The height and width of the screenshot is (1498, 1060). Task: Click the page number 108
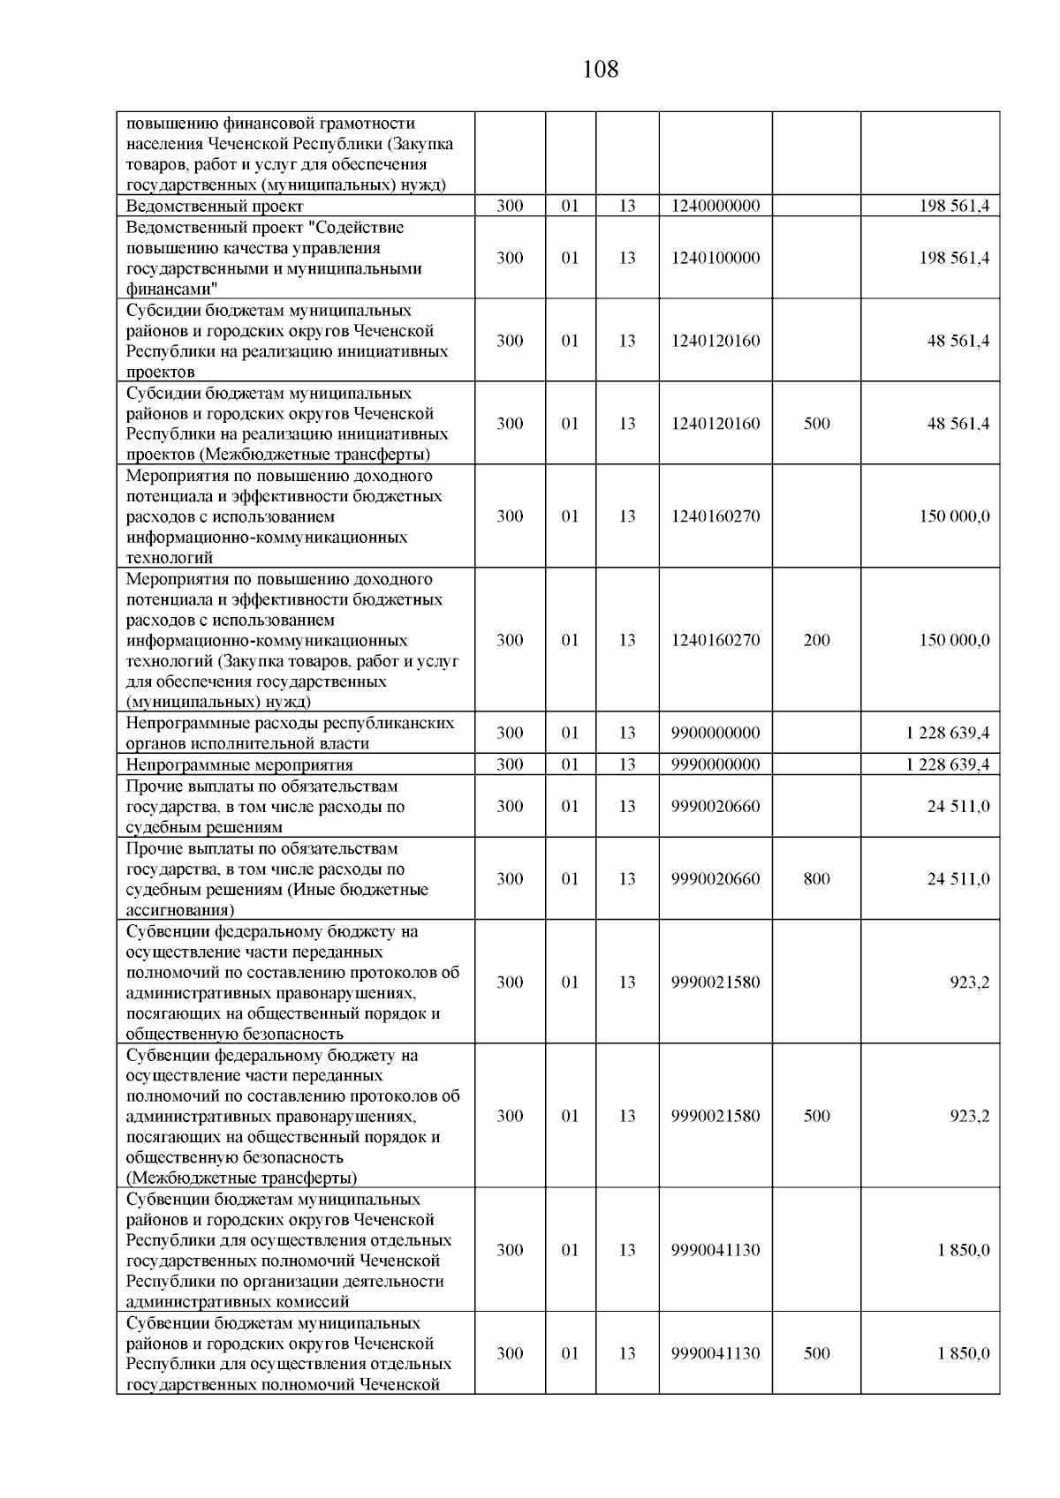[x=601, y=69]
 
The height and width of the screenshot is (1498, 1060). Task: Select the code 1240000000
[x=715, y=207]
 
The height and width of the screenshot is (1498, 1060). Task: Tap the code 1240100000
[x=715, y=259]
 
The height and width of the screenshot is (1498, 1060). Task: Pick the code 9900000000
[x=715, y=733]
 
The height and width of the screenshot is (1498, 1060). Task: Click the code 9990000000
[x=715, y=764]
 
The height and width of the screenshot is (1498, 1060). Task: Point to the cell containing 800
[x=817, y=879]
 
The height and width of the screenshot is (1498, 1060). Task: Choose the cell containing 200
[x=817, y=640]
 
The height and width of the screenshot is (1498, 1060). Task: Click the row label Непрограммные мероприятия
[x=239, y=765]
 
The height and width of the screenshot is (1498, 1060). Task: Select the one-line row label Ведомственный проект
[x=215, y=207]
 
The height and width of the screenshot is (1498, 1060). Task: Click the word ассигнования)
[x=180, y=910]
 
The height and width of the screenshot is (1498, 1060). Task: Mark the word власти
[x=344, y=744]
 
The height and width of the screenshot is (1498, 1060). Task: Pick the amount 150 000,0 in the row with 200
[x=954, y=640]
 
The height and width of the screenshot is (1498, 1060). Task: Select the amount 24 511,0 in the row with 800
[x=958, y=879]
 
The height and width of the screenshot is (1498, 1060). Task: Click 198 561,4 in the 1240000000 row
[x=954, y=207]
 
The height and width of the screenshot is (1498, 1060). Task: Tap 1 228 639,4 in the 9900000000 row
[x=948, y=733]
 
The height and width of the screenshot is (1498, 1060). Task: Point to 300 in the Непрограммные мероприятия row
[x=510, y=764]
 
